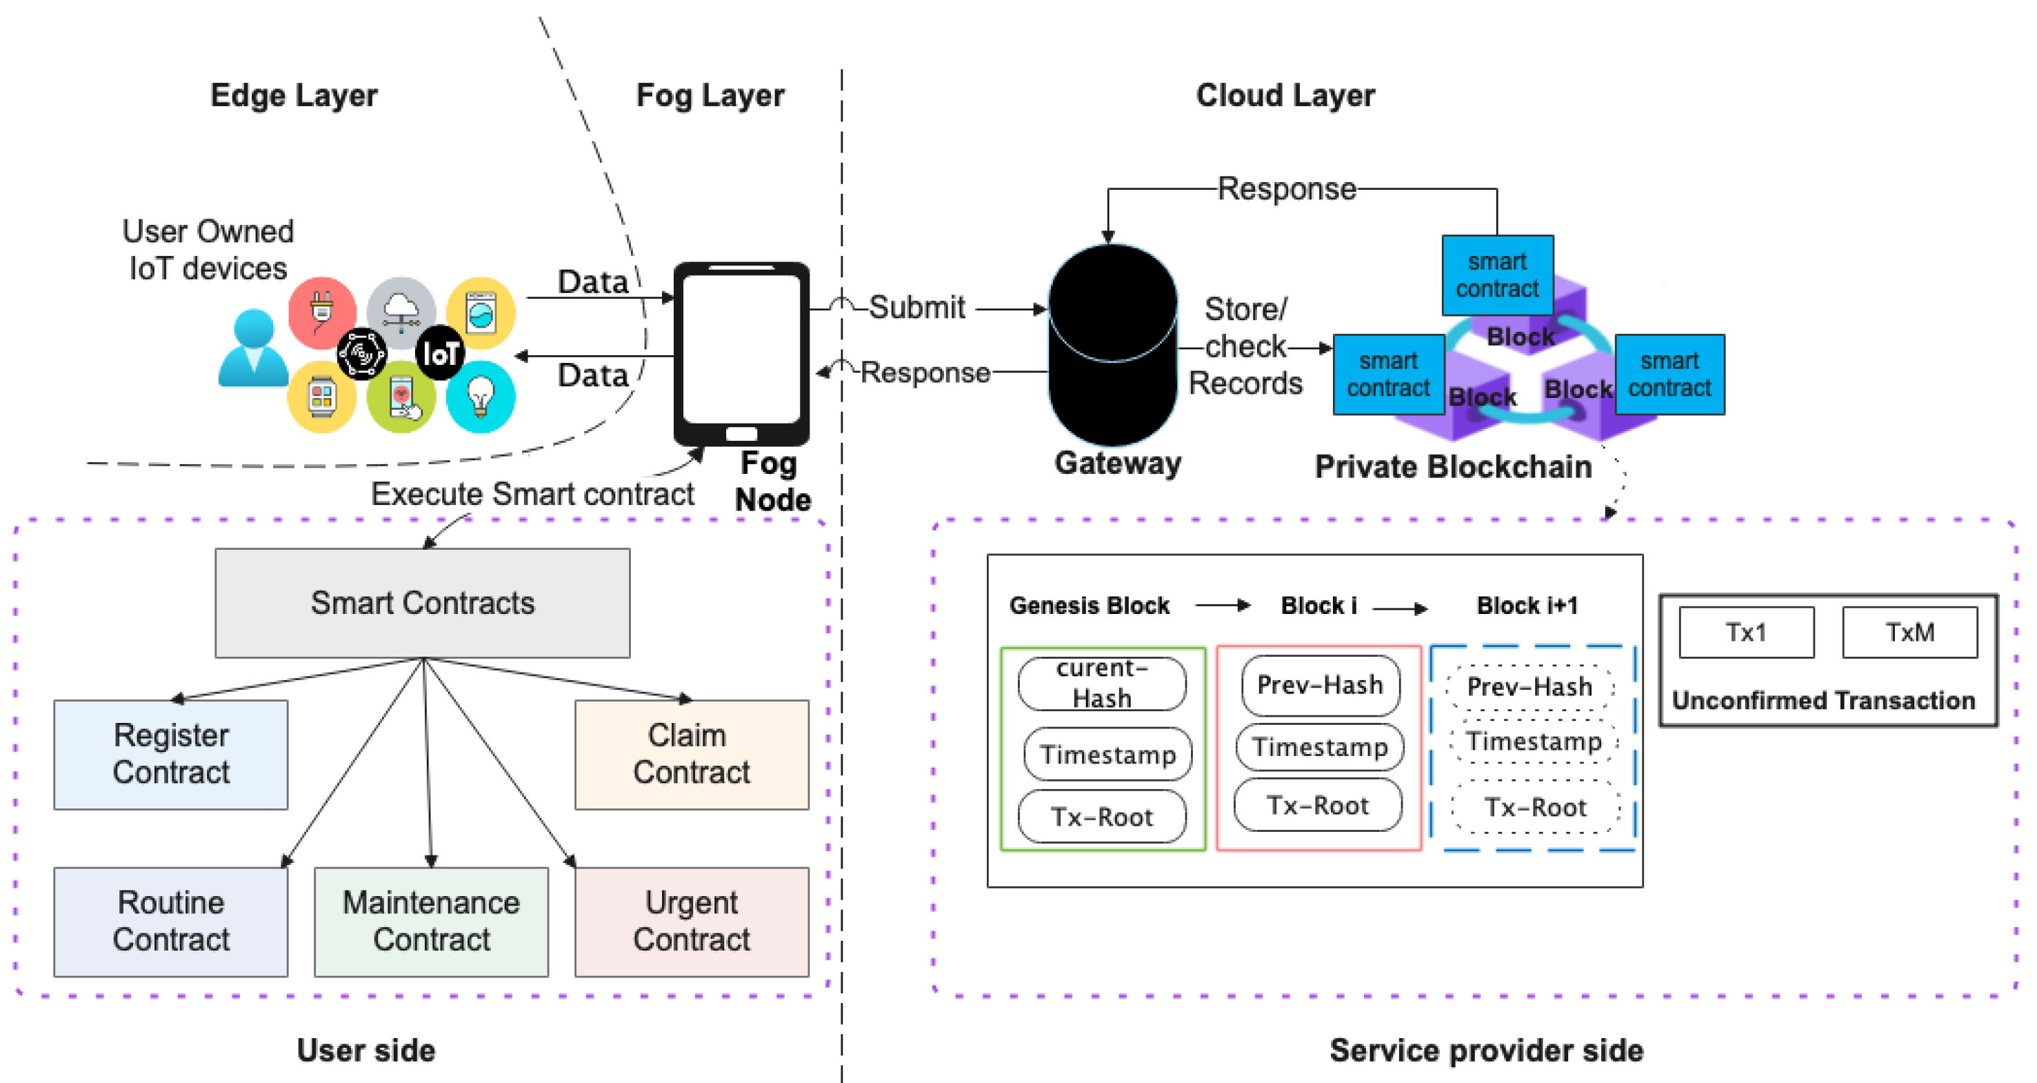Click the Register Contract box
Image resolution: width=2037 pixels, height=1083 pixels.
click(171, 754)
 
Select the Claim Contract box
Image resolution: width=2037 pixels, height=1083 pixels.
click(691, 754)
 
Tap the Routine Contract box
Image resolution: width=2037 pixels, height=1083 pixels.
click(171, 921)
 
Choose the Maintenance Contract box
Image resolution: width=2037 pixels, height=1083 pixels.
click(431, 921)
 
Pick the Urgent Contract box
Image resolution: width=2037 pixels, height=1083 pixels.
click(691, 921)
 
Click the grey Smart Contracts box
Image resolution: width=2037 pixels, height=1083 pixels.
click(422, 603)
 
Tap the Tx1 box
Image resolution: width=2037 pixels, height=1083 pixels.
click(1746, 632)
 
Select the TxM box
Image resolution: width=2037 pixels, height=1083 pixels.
click(1909, 632)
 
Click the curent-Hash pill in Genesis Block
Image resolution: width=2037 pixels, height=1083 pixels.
click(1101, 684)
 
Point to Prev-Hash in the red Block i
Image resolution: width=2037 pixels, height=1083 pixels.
click(1320, 684)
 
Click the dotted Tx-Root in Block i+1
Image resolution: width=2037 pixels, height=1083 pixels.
click(1535, 807)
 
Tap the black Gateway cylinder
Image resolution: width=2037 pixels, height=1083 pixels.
click(1112, 346)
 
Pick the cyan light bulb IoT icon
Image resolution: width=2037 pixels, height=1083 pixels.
click(481, 397)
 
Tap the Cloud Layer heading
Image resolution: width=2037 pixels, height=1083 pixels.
click(1285, 96)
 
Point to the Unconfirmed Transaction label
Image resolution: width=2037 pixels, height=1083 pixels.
click(1823, 700)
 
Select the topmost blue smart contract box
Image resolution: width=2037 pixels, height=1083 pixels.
click(1497, 275)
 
